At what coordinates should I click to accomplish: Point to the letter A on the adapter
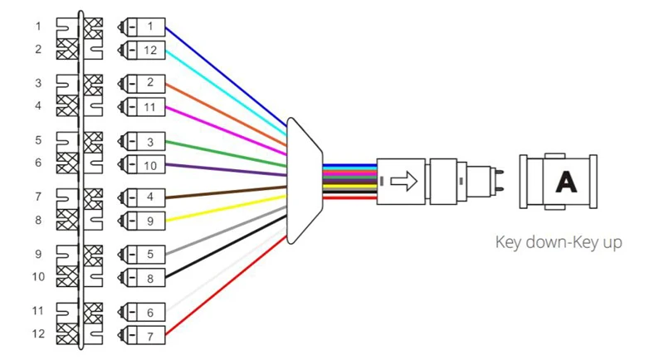click(x=566, y=182)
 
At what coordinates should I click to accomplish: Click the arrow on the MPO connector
click(x=404, y=181)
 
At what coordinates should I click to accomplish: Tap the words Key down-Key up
click(x=559, y=242)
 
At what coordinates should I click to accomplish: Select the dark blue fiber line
click(x=226, y=76)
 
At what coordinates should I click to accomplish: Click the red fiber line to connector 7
click(x=226, y=286)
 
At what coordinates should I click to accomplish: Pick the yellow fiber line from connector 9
click(x=226, y=208)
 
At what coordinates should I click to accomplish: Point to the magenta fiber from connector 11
click(x=226, y=129)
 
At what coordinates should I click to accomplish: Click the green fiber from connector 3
click(x=226, y=153)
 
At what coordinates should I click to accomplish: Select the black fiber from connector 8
click(x=226, y=246)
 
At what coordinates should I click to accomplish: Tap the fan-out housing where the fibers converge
click(x=305, y=181)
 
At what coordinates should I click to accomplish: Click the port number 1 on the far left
click(x=38, y=27)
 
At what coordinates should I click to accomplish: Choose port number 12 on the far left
click(x=38, y=333)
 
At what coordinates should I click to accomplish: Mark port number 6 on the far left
click(x=38, y=163)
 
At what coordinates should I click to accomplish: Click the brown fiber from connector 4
click(x=226, y=192)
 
